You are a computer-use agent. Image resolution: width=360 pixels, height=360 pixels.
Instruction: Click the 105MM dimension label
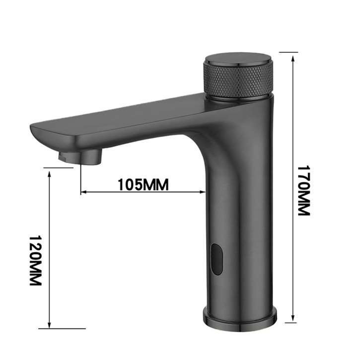pyautogui.click(x=143, y=185)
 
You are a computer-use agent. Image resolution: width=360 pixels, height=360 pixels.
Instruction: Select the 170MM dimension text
pyautogui.click(x=303, y=191)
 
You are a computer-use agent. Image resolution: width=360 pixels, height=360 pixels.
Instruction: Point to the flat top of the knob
pyautogui.click(x=238, y=61)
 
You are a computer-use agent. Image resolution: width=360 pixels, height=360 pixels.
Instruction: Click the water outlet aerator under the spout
pyautogui.click(x=80, y=156)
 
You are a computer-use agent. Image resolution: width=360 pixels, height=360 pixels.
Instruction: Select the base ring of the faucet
pyautogui.click(x=239, y=316)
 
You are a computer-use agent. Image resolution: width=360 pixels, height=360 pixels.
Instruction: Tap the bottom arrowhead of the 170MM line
pyautogui.click(x=293, y=318)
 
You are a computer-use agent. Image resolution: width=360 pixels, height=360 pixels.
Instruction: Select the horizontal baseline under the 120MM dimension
pyautogui.click(x=62, y=328)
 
